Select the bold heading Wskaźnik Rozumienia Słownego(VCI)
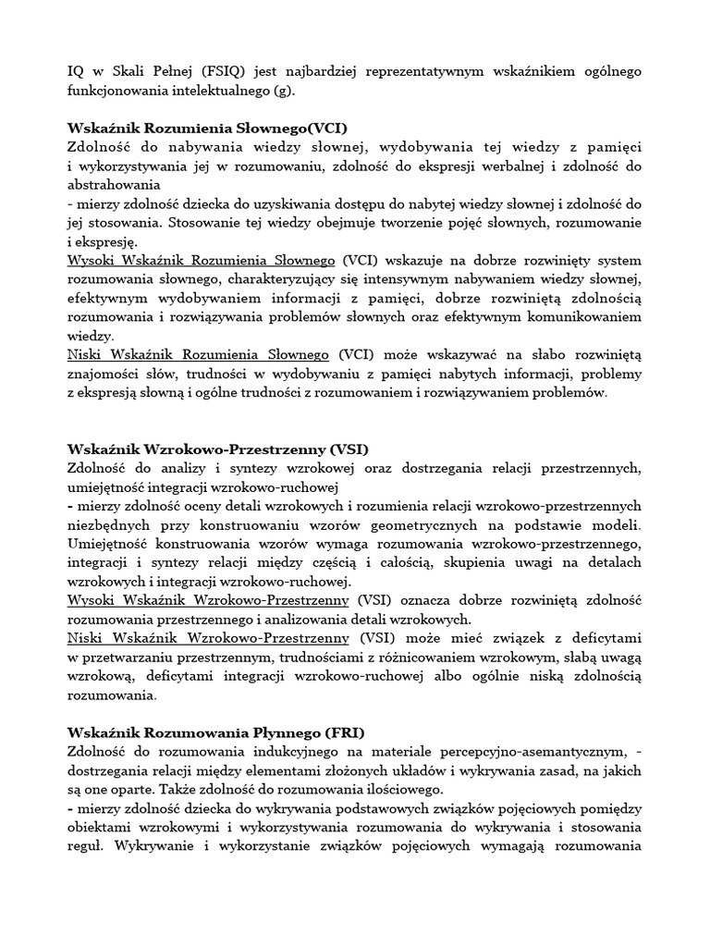208,129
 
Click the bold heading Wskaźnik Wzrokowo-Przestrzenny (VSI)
218,449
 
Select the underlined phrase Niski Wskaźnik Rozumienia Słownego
199,354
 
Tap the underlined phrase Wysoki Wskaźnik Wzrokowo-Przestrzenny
208,600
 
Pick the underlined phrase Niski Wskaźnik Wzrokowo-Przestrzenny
208,638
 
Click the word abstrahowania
114,185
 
